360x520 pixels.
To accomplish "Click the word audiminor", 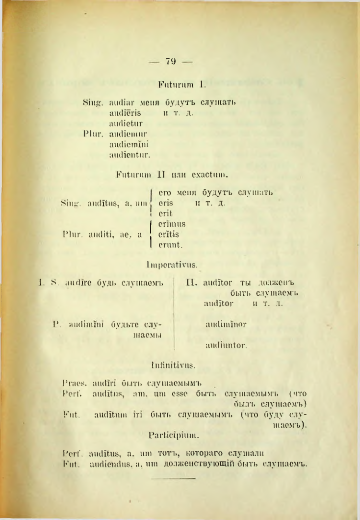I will click(226, 324).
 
